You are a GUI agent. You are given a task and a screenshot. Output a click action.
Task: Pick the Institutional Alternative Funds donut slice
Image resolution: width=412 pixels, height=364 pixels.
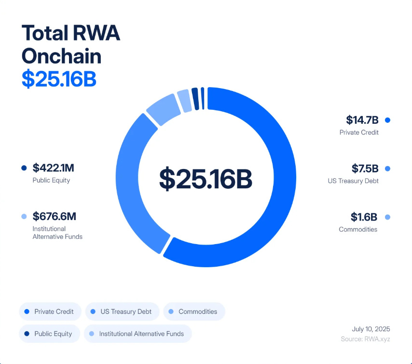click(x=184, y=100)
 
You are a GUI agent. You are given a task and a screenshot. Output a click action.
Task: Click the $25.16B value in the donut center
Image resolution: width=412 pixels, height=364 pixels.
click(x=206, y=178)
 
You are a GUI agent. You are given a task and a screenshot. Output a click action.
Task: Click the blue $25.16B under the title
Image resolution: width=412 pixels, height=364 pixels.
click(x=59, y=79)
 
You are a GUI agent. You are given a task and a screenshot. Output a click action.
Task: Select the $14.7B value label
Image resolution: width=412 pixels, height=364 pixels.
click(x=362, y=120)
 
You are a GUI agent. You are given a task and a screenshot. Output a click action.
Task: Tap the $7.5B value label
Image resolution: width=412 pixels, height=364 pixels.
click(x=365, y=169)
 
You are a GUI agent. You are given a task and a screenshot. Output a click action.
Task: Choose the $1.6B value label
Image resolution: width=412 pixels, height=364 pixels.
click(x=365, y=217)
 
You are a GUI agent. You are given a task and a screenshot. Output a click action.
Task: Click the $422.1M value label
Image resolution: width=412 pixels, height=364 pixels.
click(x=53, y=168)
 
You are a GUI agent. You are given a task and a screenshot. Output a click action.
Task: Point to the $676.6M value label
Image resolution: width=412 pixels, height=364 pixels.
click(x=54, y=217)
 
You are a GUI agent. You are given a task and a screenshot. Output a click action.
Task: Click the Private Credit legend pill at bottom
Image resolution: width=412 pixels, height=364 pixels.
click(x=50, y=312)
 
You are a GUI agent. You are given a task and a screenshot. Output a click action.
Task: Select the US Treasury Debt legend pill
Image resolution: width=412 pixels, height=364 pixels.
click(x=122, y=312)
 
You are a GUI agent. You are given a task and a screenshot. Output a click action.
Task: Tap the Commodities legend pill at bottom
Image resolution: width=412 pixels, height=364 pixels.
click(x=194, y=312)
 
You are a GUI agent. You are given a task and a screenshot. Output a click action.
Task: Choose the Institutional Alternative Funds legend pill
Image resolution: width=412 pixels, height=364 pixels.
click(x=137, y=334)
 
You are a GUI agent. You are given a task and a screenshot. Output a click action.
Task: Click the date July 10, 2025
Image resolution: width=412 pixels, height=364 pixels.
click(x=371, y=329)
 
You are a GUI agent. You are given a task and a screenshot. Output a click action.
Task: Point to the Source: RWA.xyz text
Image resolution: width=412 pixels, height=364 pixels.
click(x=365, y=339)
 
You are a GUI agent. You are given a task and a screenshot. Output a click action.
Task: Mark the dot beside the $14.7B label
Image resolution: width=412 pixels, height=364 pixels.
click(x=387, y=120)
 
